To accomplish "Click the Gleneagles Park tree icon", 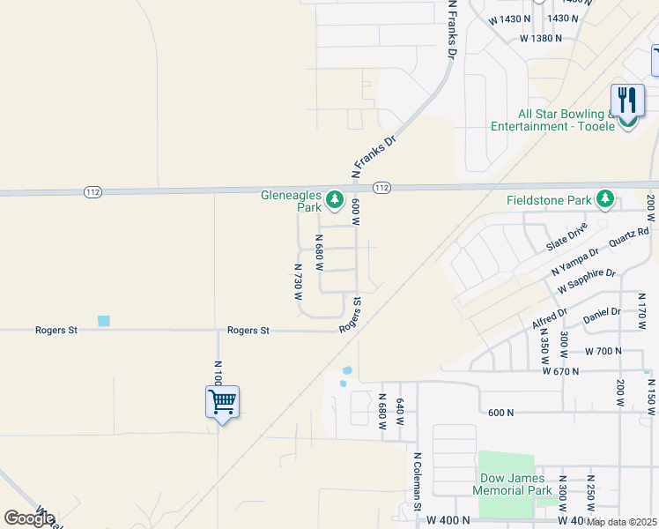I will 334,201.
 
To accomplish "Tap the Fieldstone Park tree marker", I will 604,200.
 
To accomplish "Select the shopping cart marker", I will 222,403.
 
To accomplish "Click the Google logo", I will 29,518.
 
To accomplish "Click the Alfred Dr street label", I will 550,316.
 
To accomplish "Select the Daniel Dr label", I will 603,312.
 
